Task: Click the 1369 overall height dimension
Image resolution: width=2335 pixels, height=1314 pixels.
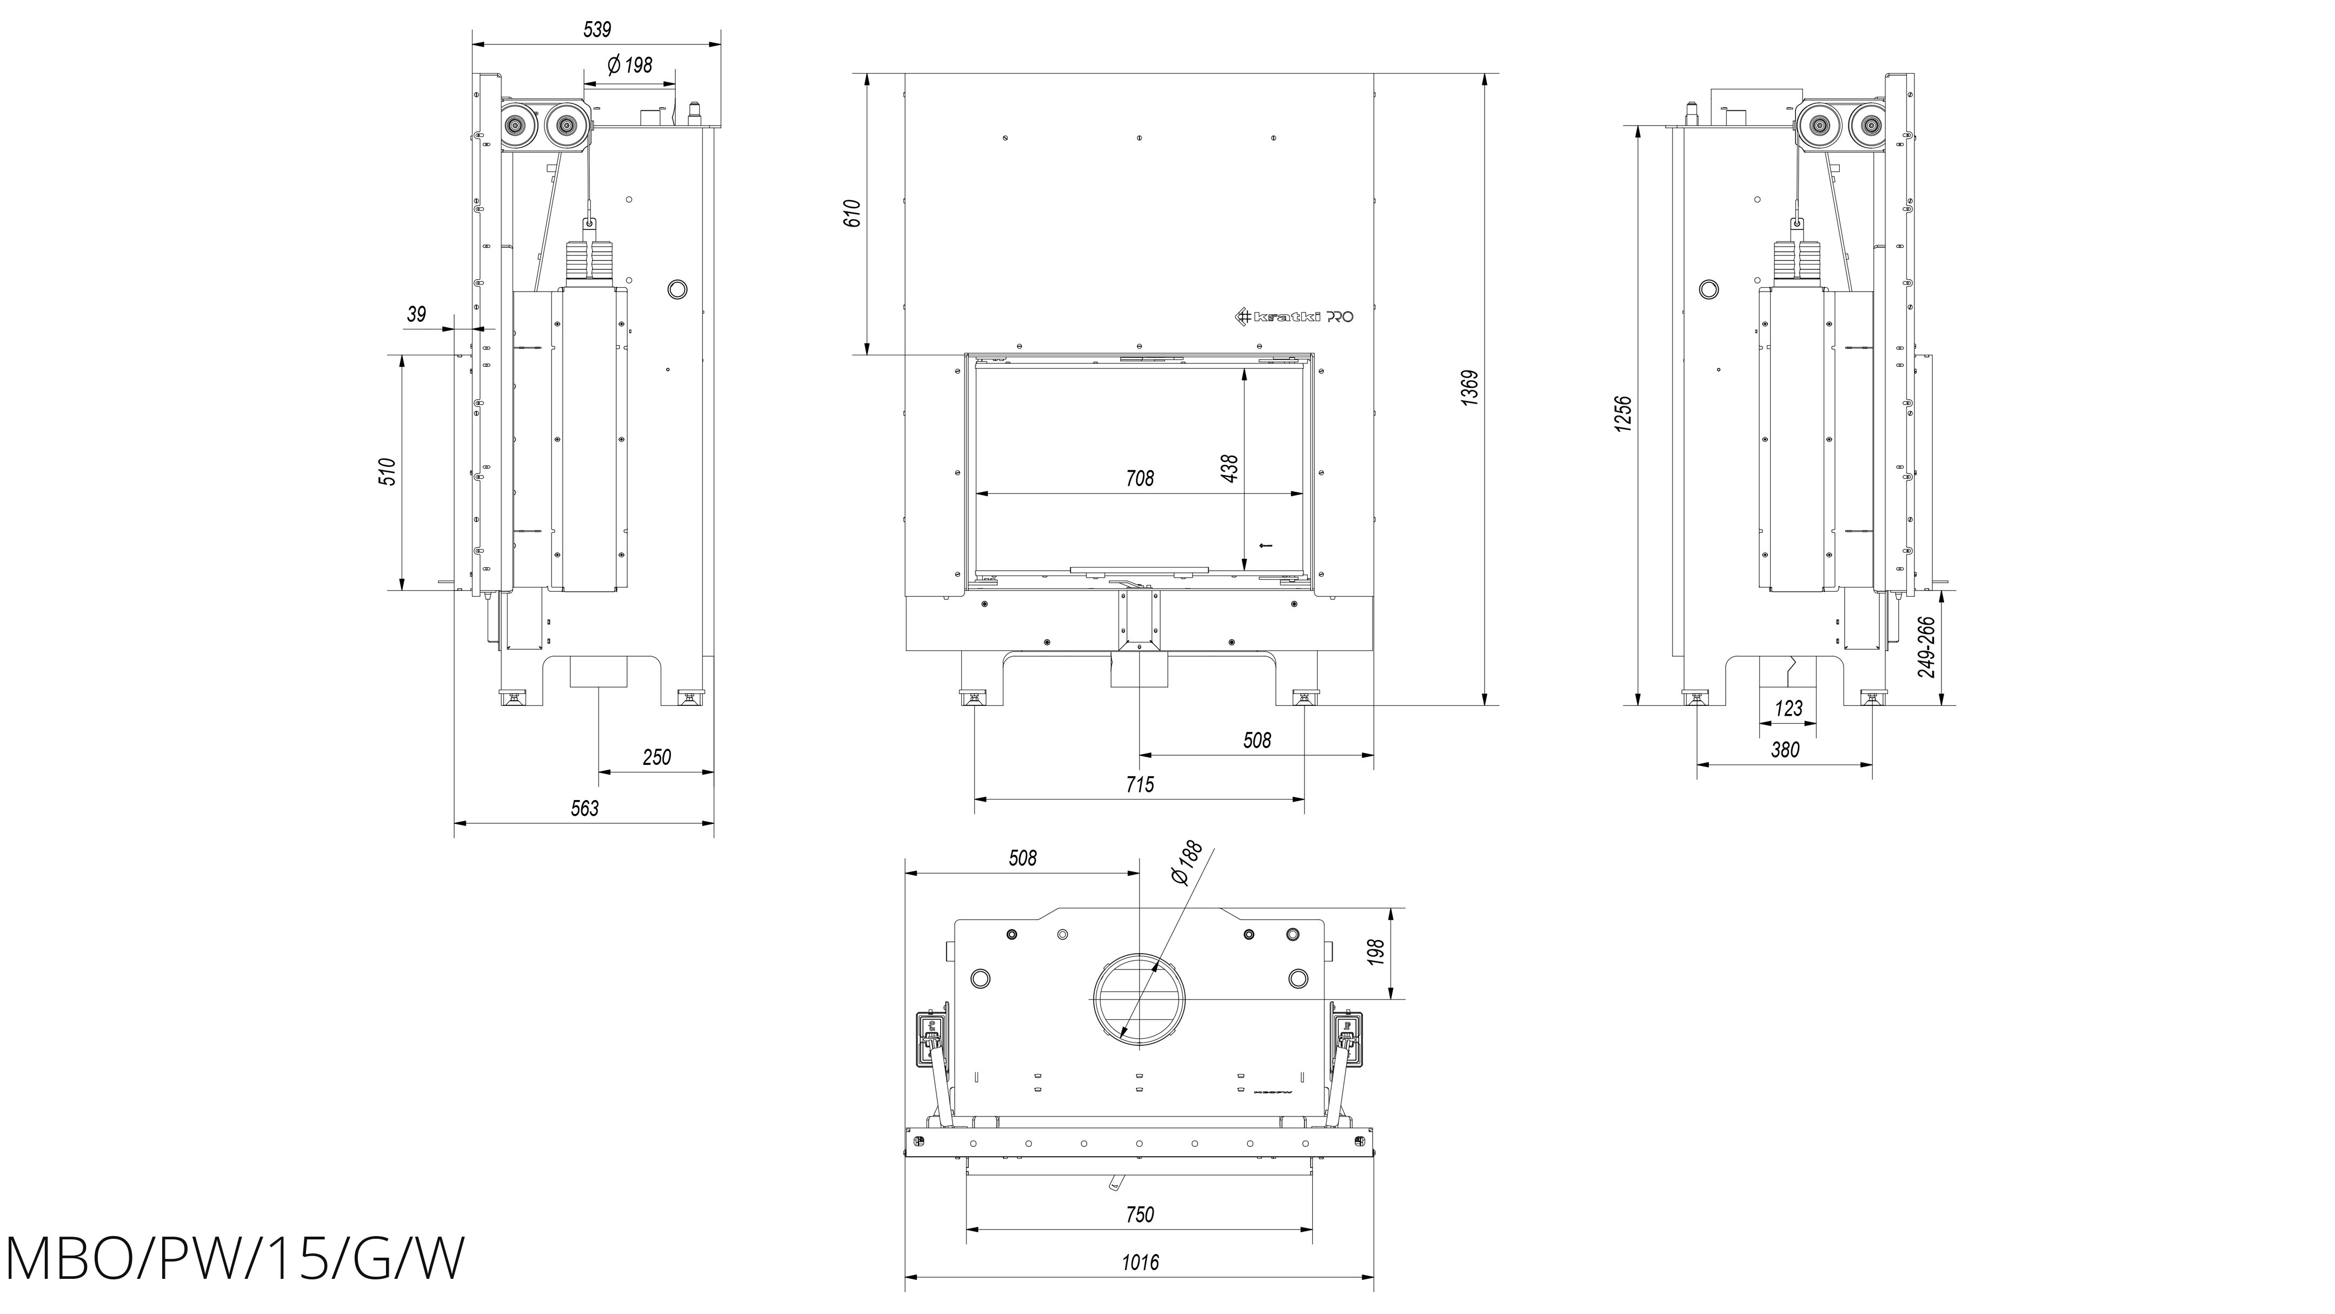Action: pyautogui.click(x=1470, y=387)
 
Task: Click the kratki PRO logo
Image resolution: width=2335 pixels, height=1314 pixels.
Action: pyautogui.click(x=1296, y=316)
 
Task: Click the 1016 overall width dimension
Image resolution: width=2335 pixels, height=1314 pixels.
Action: pyautogui.click(x=1140, y=1262)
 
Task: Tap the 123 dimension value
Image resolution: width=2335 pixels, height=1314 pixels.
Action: pyautogui.click(x=1788, y=708)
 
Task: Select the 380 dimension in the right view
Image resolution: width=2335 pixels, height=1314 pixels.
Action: pyautogui.click(x=1785, y=750)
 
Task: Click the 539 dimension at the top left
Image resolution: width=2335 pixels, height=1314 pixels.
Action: pyautogui.click(x=596, y=30)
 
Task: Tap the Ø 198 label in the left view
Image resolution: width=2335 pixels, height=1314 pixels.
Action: pyautogui.click(x=629, y=65)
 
